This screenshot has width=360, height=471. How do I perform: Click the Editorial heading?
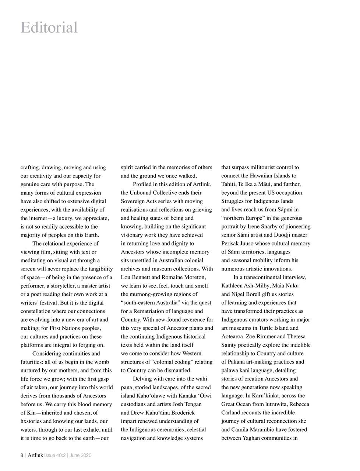click(49, 28)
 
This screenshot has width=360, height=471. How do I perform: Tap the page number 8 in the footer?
click(22, 455)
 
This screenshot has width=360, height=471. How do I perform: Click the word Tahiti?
click(229, 184)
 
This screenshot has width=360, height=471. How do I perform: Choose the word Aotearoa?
click(233, 337)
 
